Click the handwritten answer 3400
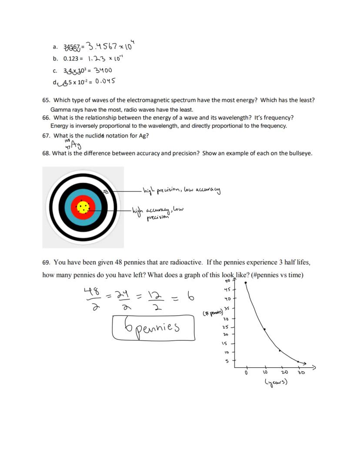coord(101,70)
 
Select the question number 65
coord(46,100)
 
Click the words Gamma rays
coord(64,110)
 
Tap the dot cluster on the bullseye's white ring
coord(105,191)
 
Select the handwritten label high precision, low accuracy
coord(182,190)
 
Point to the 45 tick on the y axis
coord(227,289)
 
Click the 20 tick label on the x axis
coord(284,373)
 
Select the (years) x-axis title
coord(276,382)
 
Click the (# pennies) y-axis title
coord(213,313)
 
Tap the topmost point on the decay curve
coord(246,283)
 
